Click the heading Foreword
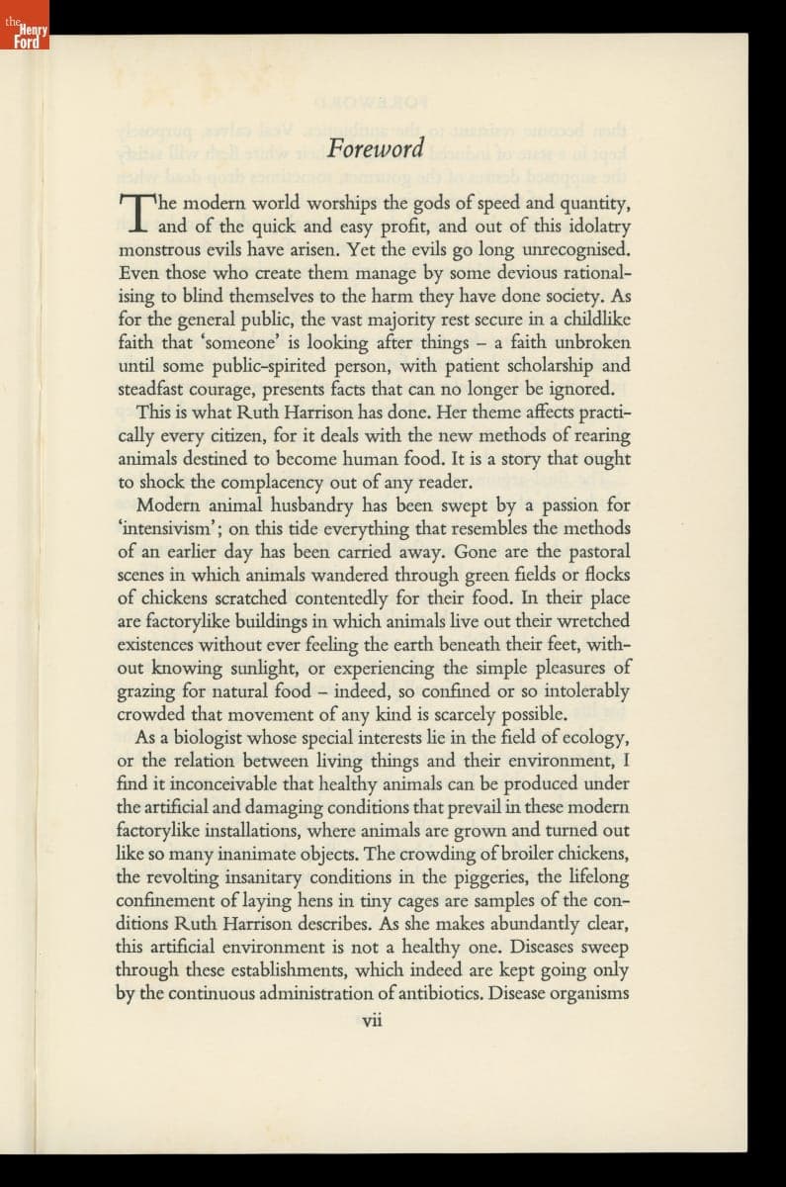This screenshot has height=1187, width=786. tap(376, 149)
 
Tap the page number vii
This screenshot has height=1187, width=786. tap(372, 1021)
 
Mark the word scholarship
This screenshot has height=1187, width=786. tap(546, 365)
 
